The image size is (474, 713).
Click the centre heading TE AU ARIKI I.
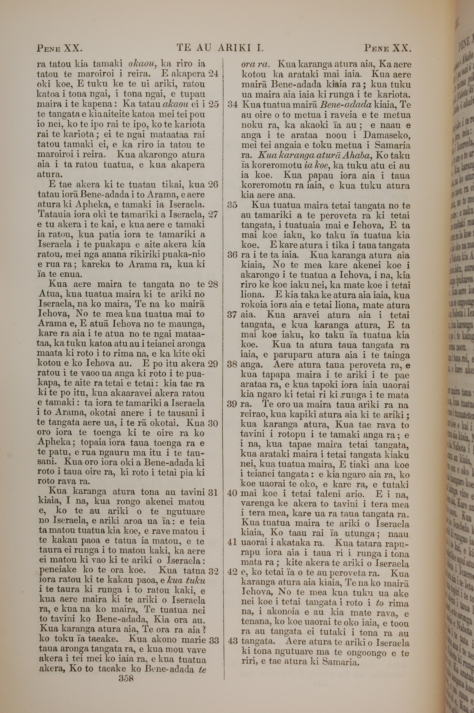point(221,48)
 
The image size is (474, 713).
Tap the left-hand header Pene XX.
point(59,48)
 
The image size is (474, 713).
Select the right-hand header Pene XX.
point(387,48)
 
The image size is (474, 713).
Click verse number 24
point(214,74)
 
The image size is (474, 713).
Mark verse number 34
point(233,105)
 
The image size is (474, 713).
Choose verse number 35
point(233,205)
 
